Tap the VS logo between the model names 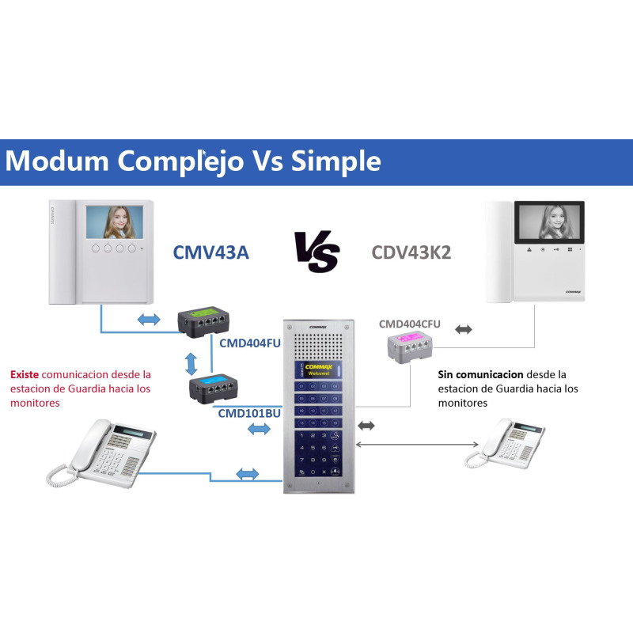click(316, 252)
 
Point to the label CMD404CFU click(409, 324)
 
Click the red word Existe click(25, 373)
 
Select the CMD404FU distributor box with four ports click(205, 320)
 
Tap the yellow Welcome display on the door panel click(316, 370)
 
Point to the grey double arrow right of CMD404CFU click(464, 328)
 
